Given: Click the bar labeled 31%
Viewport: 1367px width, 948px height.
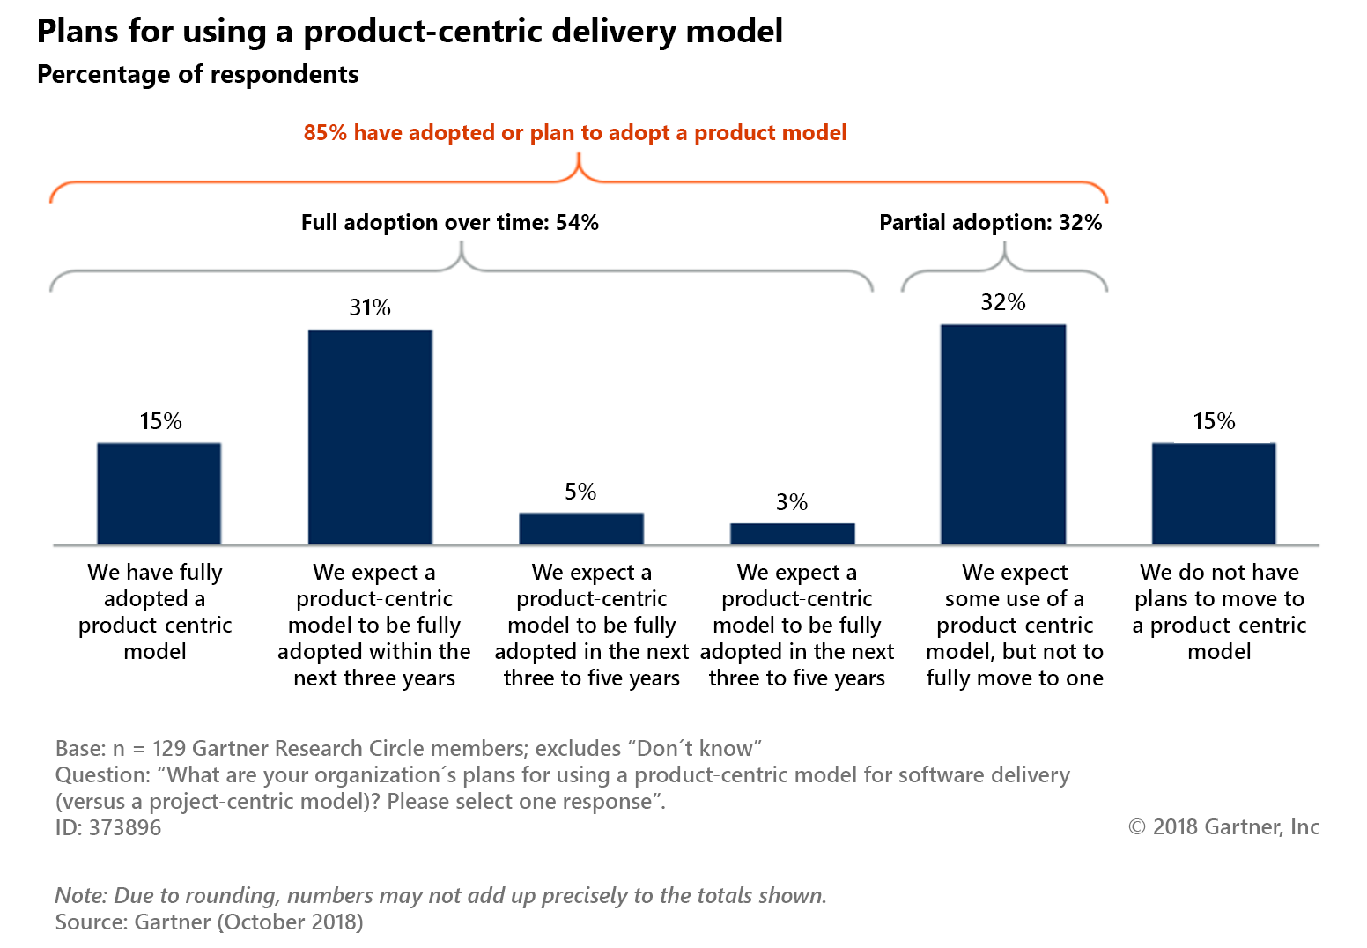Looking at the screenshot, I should [370, 437].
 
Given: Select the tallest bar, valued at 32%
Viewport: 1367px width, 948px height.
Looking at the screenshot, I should [1003, 434].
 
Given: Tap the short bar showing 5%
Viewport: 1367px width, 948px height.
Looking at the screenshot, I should [581, 529].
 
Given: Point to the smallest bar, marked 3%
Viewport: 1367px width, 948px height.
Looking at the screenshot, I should [792, 534].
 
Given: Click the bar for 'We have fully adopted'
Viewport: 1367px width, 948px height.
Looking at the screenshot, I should [159, 493].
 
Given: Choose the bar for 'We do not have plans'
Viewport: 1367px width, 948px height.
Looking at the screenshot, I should [1214, 493].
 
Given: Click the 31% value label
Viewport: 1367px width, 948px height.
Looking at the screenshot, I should [370, 307].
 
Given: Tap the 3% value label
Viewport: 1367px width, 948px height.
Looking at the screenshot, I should [792, 502].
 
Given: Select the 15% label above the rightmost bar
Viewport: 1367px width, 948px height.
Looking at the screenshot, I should [1214, 421].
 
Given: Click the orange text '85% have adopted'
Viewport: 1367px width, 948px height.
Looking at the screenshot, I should [574, 133].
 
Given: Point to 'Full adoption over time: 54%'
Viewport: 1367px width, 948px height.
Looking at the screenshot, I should [449, 222].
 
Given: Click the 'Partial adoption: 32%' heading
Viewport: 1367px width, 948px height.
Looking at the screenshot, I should [990, 222].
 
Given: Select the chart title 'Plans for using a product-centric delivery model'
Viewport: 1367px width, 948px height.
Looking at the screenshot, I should [410, 32].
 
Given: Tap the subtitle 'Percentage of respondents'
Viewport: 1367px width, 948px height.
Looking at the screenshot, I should [198, 75].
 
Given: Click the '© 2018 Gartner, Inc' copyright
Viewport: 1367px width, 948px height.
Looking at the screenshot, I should [1223, 826].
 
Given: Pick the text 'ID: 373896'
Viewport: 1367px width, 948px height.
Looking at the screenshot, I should [108, 827].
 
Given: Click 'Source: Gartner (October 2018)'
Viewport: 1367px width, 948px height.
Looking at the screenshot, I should [209, 922].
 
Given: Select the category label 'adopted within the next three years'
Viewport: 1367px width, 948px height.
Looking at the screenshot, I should [374, 664].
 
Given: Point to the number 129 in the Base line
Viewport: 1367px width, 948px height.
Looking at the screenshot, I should [169, 748].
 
